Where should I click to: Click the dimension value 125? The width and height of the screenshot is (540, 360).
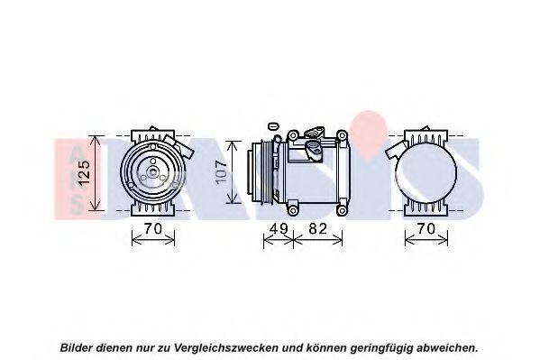[85, 173]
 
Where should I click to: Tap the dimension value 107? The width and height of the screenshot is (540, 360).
[221, 172]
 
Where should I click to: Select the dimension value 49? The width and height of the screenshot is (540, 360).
[279, 228]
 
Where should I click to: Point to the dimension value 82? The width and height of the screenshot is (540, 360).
[317, 228]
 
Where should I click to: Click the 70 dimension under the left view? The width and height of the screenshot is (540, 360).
[153, 228]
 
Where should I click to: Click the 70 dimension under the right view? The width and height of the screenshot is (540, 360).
[426, 228]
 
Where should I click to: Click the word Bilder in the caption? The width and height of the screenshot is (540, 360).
[77, 347]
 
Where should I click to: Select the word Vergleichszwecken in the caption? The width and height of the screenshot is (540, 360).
[226, 347]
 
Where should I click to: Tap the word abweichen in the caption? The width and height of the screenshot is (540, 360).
[447, 347]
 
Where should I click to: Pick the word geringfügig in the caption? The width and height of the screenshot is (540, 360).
[381, 348]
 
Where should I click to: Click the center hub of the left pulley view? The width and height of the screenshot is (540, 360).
[152, 171]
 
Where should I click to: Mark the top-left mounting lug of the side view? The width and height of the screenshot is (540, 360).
[293, 135]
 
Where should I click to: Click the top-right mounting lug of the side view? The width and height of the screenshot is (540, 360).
[342, 135]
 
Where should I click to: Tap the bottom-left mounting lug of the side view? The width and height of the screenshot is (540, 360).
[293, 210]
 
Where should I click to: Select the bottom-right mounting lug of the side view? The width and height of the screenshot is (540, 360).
[342, 210]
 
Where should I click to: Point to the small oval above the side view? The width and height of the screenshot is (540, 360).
[272, 126]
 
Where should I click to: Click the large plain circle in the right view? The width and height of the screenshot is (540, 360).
[426, 173]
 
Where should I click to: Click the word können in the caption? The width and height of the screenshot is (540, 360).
[327, 347]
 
